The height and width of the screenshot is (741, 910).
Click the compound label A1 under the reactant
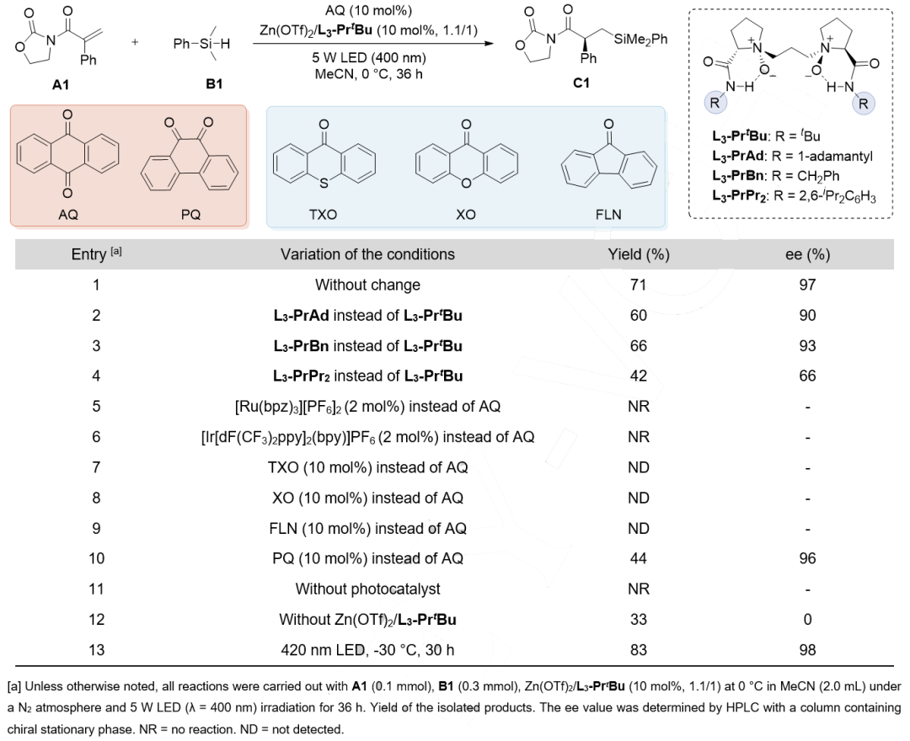61,85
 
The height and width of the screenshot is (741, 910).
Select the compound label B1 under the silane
214,84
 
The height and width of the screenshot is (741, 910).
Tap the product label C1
581,83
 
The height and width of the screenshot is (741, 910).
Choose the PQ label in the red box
190,215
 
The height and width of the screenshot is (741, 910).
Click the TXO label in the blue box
323,215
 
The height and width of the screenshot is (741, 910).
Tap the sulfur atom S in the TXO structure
324,184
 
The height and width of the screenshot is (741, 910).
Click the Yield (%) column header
639,254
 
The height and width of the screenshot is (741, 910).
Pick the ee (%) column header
807,254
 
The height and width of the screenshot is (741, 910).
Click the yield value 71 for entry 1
639,285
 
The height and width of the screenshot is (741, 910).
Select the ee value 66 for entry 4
807,376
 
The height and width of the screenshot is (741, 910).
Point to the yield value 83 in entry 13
639,650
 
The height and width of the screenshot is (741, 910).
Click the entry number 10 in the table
96,558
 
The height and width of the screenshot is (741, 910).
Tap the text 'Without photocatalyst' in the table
368,589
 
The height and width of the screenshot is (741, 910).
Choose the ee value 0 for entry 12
807,619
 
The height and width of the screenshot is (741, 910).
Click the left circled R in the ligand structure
715,104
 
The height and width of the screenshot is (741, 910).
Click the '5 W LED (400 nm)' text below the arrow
369,58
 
